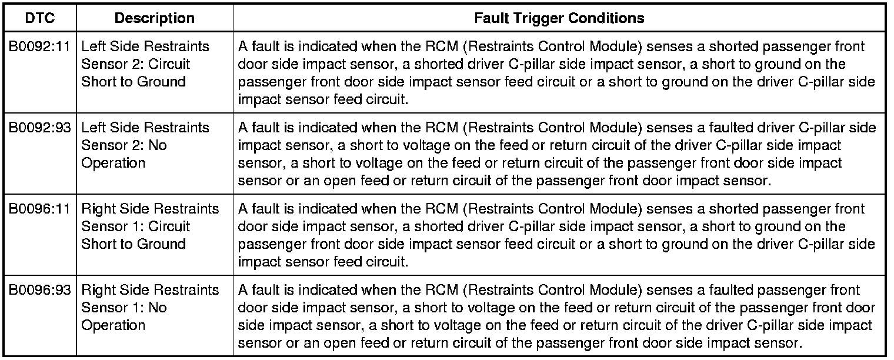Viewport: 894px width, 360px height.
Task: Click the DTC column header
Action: click(x=40, y=18)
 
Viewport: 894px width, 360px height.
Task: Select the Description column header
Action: click(x=154, y=18)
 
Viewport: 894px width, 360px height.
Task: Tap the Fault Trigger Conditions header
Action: click(x=559, y=18)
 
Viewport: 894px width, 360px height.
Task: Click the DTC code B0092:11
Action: click(x=40, y=46)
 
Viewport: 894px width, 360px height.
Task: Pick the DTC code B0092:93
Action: click(x=40, y=128)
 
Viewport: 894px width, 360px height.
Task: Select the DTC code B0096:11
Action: click(x=40, y=209)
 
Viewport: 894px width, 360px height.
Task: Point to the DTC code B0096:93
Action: click(x=40, y=290)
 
